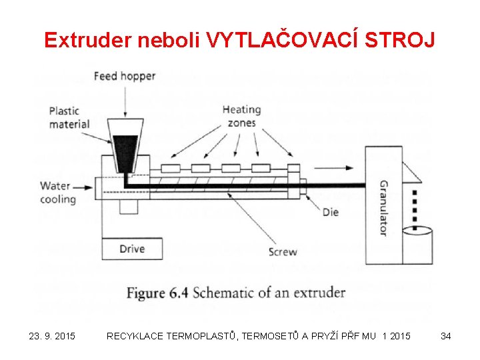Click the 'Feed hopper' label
click(x=125, y=76)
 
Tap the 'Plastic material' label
click(x=69, y=117)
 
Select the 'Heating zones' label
click(x=241, y=117)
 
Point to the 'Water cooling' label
click(x=58, y=192)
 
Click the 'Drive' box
click(x=132, y=249)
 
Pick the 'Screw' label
click(x=283, y=252)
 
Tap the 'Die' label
click(x=330, y=212)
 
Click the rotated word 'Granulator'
click(x=383, y=207)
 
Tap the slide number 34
click(x=445, y=336)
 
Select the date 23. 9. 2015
click(x=52, y=336)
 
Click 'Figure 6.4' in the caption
click(x=155, y=293)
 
